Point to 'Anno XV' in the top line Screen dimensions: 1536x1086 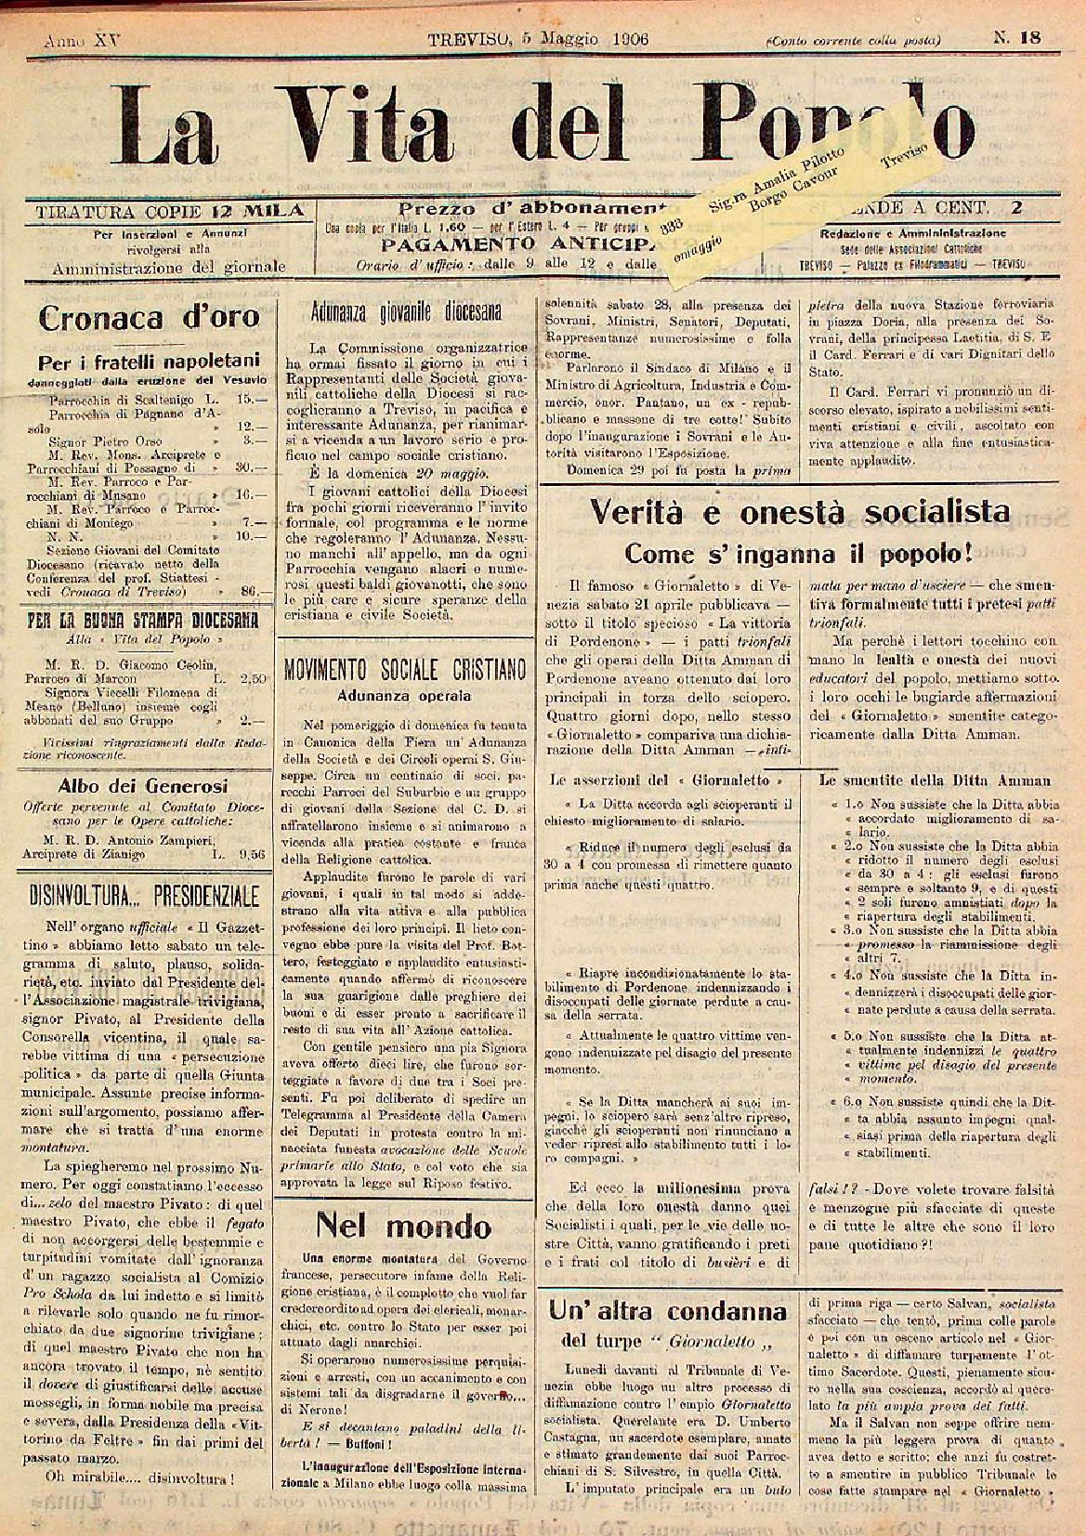pos(75,40)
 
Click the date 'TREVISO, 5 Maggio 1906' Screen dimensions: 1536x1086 pos(538,39)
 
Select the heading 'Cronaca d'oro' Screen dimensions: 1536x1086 pos(149,318)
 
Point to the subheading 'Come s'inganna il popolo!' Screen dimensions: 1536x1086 pos(798,554)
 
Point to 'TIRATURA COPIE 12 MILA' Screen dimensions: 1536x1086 pos(168,210)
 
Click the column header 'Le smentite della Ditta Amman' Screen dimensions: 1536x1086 pos(934,781)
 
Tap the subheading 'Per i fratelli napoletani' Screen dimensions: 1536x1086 pos(149,361)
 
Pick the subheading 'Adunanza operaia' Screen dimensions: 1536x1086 pos(404,694)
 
